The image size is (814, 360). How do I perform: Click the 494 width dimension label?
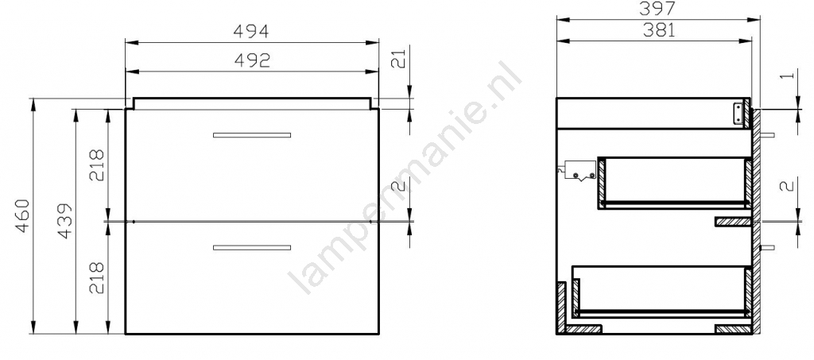pyautogui.click(x=251, y=32)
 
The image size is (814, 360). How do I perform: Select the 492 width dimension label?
pyautogui.click(x=252, y=60)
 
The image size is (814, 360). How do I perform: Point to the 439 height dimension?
pyautogui.click(x=65, y=222)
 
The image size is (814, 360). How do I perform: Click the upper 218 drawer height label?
pyautogui.click(x=97, y=165)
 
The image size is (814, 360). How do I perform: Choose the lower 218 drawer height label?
pyautogui.click(x=97, y=278)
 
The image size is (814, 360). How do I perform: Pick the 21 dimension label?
pyautogui.click(x=397, y=60)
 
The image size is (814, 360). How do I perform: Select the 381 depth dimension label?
pyautogui.click(x=660, y=31)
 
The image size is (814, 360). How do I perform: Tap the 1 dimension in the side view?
pyautogui.click(x=788, y=75)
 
